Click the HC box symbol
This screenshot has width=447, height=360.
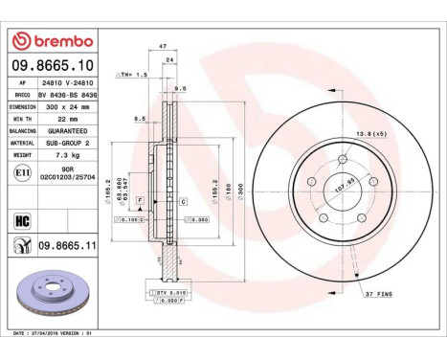click(20, 219)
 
